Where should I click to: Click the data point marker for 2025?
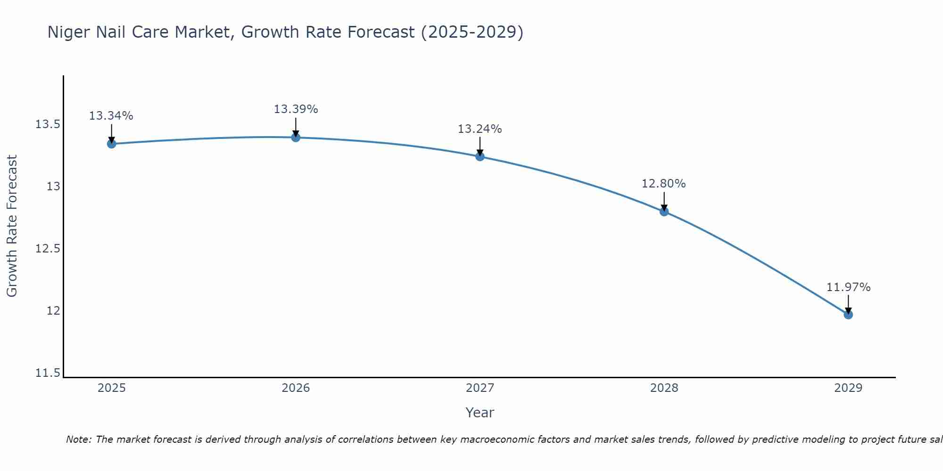(111, 144)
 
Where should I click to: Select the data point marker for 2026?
(296, 138)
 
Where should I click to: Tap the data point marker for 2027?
(480, 156)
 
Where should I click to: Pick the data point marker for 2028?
(664, 211)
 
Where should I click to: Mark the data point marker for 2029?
(848, 315)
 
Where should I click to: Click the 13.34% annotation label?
(111, 116)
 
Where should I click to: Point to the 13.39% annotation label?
(296, 109)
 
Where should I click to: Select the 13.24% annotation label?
(480, 129)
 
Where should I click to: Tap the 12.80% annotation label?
(664, 184)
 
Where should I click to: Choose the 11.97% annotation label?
(848, 287)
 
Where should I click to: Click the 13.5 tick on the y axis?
(48, 125)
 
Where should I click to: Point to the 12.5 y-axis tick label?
(48, 249)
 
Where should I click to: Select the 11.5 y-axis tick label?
(48, 373)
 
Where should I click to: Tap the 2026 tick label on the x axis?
(296, 388)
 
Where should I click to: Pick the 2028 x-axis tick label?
(664, 388)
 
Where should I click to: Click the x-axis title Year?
(480, 413)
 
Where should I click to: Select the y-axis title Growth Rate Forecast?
(12, 226)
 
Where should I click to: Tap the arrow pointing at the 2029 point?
(848, 304)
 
